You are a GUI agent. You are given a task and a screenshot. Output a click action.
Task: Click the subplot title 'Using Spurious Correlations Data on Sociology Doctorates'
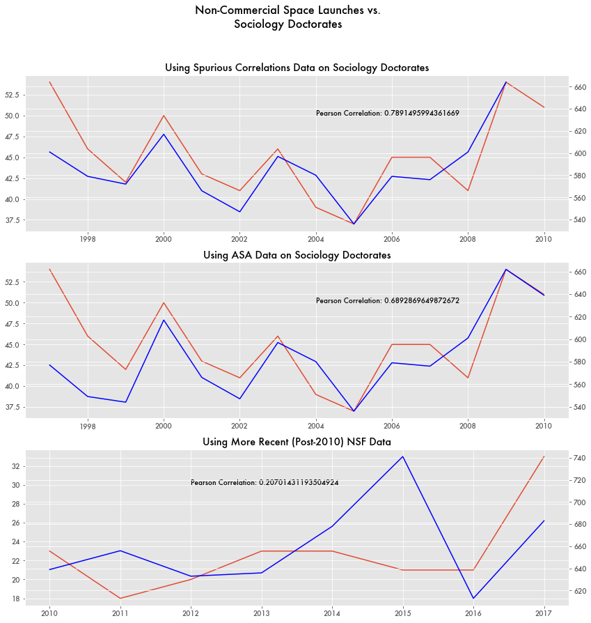click(x=297, y=68)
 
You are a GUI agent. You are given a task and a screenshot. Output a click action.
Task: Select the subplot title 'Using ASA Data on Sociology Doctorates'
click(x=297, y=255)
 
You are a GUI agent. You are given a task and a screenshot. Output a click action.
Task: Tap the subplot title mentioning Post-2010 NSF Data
click(x=297, y=442)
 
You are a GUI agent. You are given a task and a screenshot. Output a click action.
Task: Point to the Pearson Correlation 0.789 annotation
click(x=387, y=113)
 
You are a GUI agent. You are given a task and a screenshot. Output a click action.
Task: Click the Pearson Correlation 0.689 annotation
click(x=387, y=301)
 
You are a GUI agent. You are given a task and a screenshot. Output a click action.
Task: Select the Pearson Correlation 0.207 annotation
click(x=265, y=482)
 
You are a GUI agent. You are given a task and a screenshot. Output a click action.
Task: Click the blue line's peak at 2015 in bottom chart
click(x=402, y=456)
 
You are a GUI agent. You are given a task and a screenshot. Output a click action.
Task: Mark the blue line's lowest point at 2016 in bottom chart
click(x=473, y=598)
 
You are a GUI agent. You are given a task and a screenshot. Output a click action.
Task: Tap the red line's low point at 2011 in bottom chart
click(x=120, y=598)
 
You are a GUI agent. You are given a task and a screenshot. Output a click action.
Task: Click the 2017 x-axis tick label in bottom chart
click(x=544, y=613)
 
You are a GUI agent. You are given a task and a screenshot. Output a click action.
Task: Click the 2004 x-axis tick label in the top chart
click(x=315, y=239)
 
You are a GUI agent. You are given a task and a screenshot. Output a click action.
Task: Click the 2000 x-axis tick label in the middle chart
click(x=164, y=426)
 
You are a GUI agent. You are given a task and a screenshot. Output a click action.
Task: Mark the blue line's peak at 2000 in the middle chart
click(x=164, y=320)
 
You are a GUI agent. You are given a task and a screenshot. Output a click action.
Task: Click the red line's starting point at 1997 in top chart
click(x=49, y=82)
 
